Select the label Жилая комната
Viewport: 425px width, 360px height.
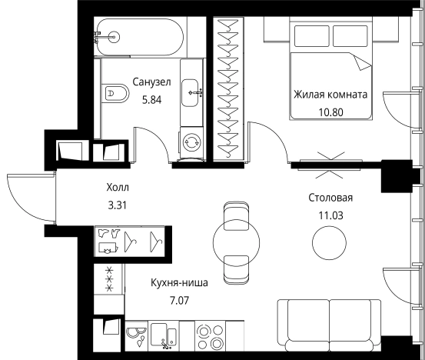click(329, 95)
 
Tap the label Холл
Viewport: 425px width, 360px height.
click(118, 187)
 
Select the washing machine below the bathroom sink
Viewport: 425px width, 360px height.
click(192, 142)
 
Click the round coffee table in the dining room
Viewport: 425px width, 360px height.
click(329, 245)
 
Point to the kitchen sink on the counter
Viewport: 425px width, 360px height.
click(167, 336)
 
